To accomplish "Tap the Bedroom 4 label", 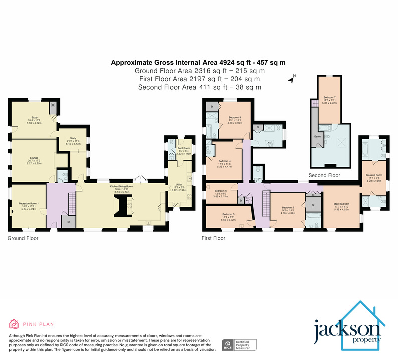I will coord(224,161).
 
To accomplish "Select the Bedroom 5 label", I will coord(224,215).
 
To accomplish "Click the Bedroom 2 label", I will coord(287,208).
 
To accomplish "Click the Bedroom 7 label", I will coord(329,97).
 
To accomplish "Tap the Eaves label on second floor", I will coord(318,136).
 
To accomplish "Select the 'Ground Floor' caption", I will coord(23,238).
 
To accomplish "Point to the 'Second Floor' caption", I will coord(325,175).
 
